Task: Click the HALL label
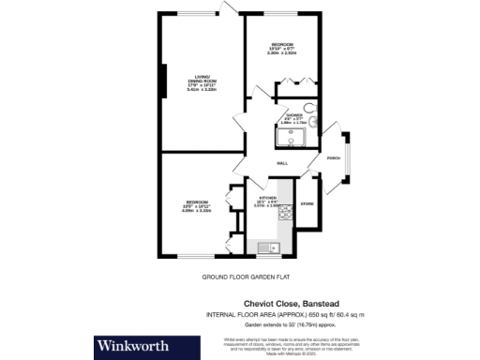(x=281, y=165)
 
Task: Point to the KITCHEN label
(x=267, y=200)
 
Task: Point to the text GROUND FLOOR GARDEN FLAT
(x=239, y=277)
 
